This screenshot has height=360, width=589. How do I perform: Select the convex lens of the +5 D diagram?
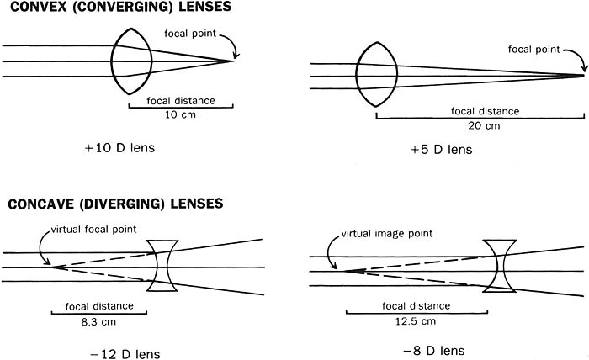(374, 77)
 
